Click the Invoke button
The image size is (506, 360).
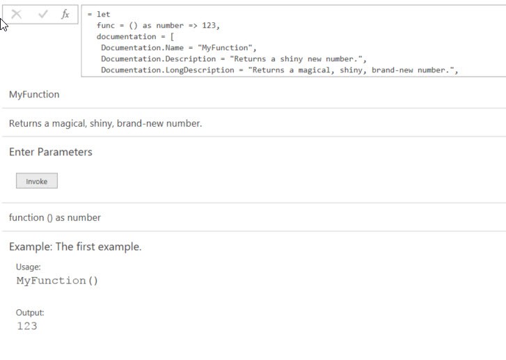[37, 181]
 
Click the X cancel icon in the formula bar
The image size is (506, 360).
[16, 14]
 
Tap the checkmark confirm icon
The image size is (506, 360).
[43, 14]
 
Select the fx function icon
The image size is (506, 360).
[65, 14]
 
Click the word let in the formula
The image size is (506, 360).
[103, 14]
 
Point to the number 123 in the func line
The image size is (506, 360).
[209, 25]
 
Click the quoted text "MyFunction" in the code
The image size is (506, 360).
[225, 48]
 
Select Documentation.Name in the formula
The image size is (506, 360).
[142, 48]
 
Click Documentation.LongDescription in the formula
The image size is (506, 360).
[168, 70]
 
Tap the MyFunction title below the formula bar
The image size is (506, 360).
[34, 94]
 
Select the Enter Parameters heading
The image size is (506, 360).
[51, 152]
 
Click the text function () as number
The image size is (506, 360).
[55, 218]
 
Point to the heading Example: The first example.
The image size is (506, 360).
[75, 246]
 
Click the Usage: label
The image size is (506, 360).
[29, 267]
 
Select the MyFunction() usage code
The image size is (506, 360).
[57, 281]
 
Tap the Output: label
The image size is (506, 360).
[30, 313]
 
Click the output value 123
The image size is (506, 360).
[26, 326]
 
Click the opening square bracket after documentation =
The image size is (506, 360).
[172, 36]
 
